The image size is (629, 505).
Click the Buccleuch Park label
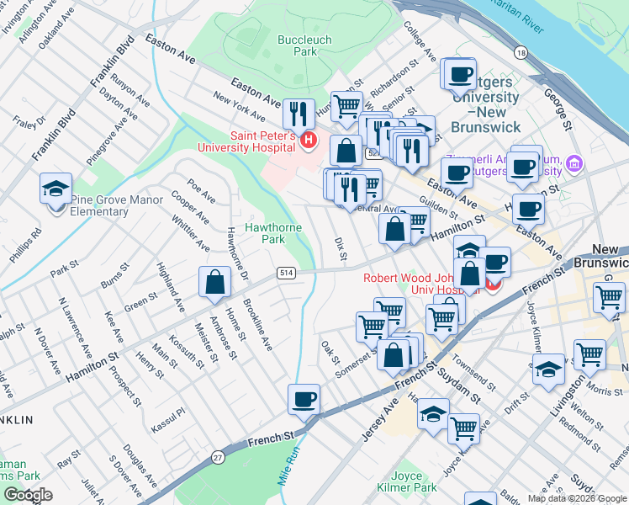tap(304, 45)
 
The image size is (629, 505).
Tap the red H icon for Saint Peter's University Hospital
tap(309, 139)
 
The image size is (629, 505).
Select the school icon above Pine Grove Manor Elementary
tap(55, 189)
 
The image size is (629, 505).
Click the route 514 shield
tap(286, 273)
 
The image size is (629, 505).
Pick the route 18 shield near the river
tap(521, 52)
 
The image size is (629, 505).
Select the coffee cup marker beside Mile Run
tap(304, 400)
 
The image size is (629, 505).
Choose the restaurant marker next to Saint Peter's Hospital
tap(298, 113)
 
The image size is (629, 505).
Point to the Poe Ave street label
tap(202, 192)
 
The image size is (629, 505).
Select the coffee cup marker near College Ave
tap(460, 74)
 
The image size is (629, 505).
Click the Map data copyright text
tap(577, 498)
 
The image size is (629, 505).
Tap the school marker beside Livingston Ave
tap(548, 370)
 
